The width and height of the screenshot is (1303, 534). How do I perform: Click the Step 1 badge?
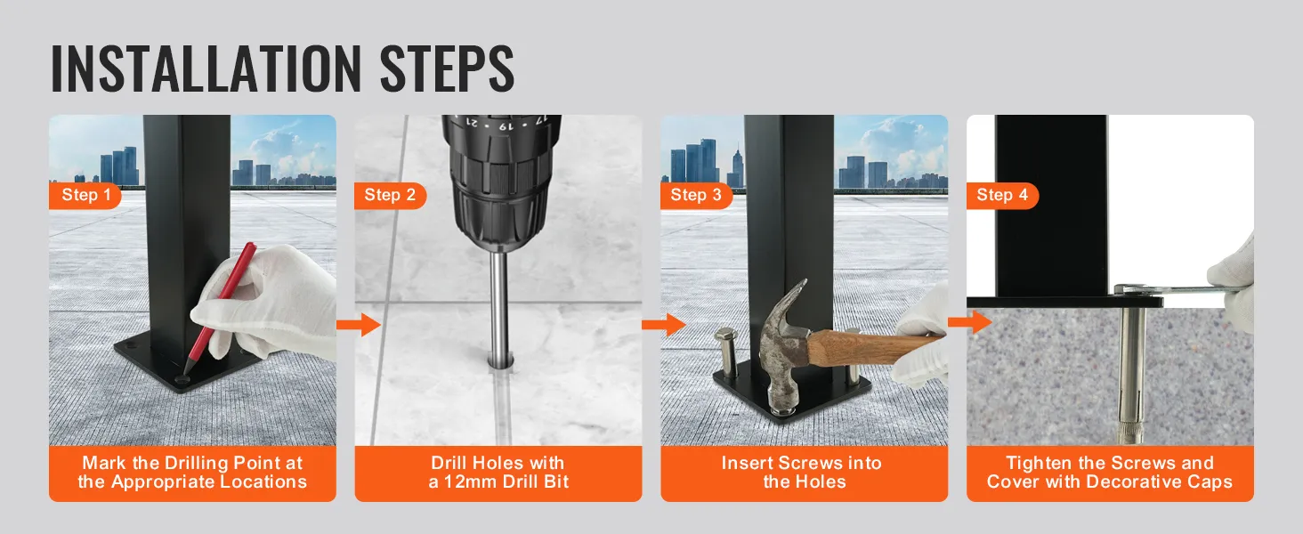coord(85,195)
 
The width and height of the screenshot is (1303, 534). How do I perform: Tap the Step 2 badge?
coord(391,195)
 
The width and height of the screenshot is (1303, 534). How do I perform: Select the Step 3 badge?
coord(696,195)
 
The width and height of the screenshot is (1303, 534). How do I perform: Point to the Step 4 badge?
coord(1002,195)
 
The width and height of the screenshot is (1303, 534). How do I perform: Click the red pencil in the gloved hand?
coord(220,308)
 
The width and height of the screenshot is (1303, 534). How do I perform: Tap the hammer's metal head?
coord(782,349)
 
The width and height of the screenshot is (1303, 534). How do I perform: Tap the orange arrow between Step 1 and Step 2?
coord(359,324)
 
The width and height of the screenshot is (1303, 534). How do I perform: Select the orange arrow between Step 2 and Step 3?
coord(664,324)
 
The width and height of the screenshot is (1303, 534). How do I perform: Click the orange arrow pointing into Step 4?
coord(970,321)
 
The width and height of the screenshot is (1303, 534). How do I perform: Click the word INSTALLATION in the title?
coord(206,68)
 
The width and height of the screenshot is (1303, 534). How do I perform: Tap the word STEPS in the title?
coord(447,68)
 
